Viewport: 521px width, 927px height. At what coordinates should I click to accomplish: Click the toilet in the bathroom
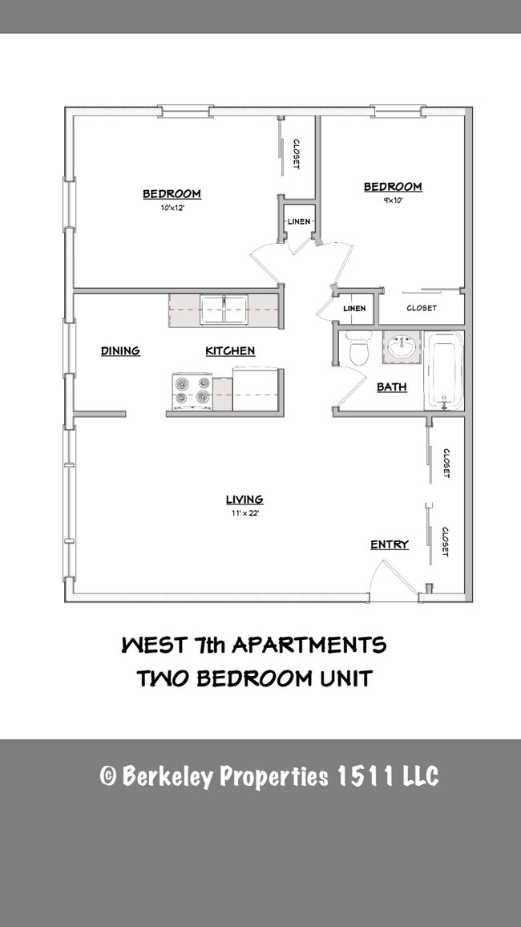click(x=357, y=350)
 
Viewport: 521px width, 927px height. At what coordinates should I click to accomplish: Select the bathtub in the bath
click(x=444, y=371)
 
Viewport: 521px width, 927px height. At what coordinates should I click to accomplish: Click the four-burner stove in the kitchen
click(x=192, y=391)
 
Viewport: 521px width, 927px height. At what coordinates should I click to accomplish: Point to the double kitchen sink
click(x=224, y=309)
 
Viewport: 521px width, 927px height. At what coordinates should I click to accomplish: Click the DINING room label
click(x=120, y=351)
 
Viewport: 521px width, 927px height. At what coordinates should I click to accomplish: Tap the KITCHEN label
click(x=230, y=351)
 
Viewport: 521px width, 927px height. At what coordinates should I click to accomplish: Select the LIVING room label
click(x=244, y=500)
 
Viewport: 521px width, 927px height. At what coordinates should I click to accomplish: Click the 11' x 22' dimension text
click(x=244, y=512)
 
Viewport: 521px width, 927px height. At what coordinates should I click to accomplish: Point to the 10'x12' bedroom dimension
click(x=172, y=207)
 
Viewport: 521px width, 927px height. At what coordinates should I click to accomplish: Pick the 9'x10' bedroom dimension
click(x=393, y=200)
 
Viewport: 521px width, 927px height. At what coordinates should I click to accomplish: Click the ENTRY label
click(x=390, y=545)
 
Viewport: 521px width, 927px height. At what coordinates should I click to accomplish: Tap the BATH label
click(x=392, y=387)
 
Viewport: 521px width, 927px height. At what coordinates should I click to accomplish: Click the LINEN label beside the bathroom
click(x=354, y=309)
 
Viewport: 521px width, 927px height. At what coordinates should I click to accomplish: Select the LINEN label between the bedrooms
click(x=299, y=221)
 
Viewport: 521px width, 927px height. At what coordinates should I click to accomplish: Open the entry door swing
click(x=393, y=579)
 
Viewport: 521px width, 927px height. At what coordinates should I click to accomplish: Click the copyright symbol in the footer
click(x=107, y=777)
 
